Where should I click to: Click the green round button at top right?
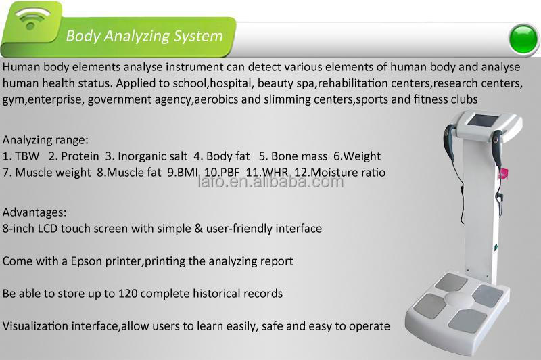[x=523, y=39]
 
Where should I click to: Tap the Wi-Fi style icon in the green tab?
[x=32, y=18]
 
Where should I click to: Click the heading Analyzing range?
[x=45, y=140]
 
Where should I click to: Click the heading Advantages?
[x=34, y=212]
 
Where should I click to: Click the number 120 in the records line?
[x=128, y=294]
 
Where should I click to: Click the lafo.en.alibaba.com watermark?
[x=271, y=181]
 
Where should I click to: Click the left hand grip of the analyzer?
[x=449, y=144]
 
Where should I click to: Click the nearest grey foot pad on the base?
[x=467, y=321]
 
